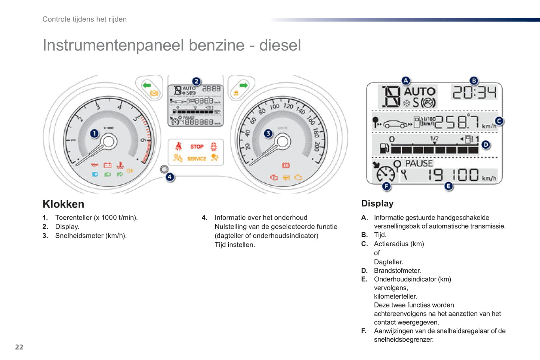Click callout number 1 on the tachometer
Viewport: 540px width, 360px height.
point(95,133)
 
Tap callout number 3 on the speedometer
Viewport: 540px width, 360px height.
point(268,133)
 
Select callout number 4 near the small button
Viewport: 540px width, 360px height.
point(170,177)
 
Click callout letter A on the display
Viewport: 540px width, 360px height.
point(405,80)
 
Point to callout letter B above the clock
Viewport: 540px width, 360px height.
point(473,80)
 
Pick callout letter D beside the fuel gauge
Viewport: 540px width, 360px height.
point(485,145)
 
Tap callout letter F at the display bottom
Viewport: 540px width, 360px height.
point(386,186)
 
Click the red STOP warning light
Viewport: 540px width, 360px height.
point(197,146)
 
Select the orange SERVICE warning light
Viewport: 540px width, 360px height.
point(197,159)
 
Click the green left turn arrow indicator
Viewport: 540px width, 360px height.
point(146,85)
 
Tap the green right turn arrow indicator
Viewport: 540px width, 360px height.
point(243,85)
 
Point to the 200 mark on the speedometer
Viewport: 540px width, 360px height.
point(317,146)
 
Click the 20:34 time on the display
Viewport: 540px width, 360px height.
point(474,92)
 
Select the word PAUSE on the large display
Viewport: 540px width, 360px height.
point(419,164)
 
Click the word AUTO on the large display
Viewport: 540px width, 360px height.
point(420,91)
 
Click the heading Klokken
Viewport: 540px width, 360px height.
point(64,204)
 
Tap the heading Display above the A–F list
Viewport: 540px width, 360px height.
point(377,204)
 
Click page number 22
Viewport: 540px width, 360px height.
point(19,347)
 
